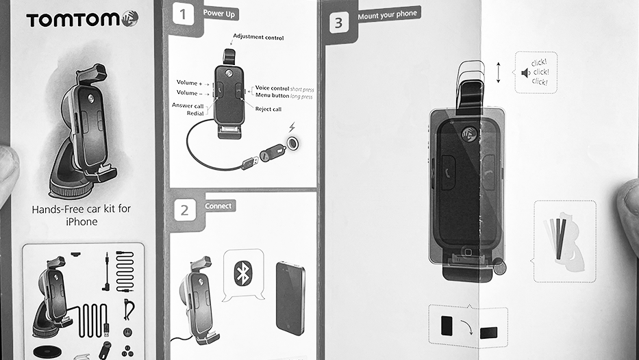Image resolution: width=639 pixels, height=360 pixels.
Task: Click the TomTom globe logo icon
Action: (x=129, y=18)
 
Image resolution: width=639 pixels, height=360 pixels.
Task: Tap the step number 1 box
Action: (x=183, y=14)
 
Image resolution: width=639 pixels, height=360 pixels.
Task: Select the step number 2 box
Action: (x=185, y=210)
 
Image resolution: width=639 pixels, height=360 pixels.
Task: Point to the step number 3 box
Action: (x=338, y=23)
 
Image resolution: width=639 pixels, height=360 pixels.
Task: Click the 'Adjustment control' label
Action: (x=258, y=37)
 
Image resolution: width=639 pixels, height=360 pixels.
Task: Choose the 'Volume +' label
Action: (x=189, y=83)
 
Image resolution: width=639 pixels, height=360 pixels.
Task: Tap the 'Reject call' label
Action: (x=268, y=109)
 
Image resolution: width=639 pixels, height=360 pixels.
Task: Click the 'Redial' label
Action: (x=195, y=113)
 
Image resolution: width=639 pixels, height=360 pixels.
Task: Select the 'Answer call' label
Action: (x=188, y=105)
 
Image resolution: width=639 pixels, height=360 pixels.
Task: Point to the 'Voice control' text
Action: (x=272, y=88)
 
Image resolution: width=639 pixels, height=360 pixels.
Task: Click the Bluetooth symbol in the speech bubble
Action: (x=243, y=273)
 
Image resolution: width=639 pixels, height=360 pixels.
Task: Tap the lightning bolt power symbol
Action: (x=292, y=127)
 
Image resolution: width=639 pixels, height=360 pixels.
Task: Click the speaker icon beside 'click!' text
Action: (x=525, y=73)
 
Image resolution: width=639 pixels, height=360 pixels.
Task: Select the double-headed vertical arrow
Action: (x=498, y=73)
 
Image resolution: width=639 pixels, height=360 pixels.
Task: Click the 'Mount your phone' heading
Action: (x=387, y=15)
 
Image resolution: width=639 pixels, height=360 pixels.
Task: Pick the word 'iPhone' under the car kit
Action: (x=82, y=222)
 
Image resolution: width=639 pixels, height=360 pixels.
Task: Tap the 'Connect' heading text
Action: (x=218, y=206)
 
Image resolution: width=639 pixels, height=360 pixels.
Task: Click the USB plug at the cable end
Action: (x=249, y=162)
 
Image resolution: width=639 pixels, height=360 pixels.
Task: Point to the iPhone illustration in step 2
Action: (x=290, y=298)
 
